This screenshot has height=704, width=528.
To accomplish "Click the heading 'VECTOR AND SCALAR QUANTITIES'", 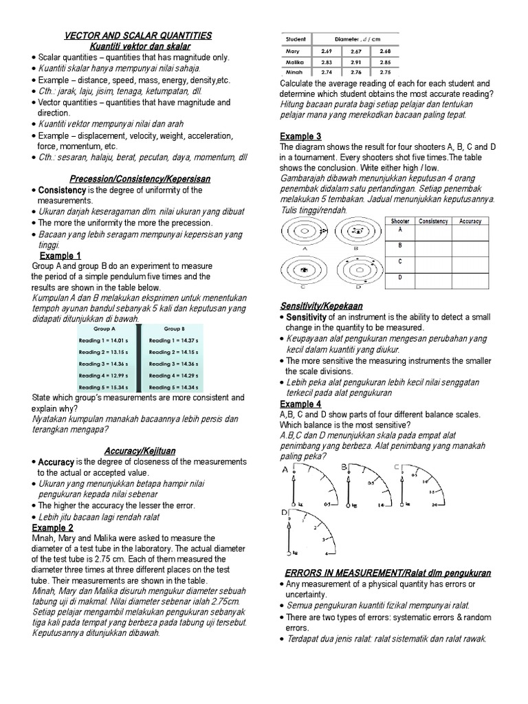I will click(x=138, y=36).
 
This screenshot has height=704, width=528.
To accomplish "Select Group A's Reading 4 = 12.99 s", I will click(x=104, y=376).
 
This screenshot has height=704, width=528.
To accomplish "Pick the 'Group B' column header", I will click(x=174, y=329).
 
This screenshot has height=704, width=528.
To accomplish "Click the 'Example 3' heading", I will click(x=300, y=136).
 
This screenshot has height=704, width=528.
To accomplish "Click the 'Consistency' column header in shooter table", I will click(x=433, y=221).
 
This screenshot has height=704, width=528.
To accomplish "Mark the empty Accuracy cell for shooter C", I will click(x=470, y=263).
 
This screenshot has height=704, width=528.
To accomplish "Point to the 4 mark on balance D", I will click(x=327, y=554).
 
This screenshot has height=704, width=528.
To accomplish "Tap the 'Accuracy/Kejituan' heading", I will click(x=140, y=450).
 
